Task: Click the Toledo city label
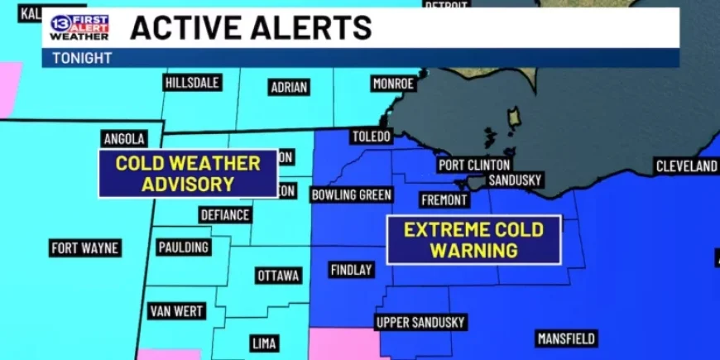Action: pos(370,137)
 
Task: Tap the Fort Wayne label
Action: pos(85,247)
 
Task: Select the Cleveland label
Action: pos(686,166)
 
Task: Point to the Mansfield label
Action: pos(567,338)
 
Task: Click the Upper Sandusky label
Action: pos(421,322)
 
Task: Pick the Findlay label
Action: pos(352,270)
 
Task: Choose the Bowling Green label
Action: pos(351,194)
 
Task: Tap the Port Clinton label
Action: pos(474,165)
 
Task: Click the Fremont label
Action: pos(444,199)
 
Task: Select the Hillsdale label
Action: pos(192,83)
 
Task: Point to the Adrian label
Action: pos(289,88)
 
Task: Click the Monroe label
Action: pos(393,84)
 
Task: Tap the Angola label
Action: pos(125,138)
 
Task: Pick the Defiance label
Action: pos(225,214)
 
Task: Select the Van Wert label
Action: pos(176,311)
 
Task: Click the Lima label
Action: pos(264,343)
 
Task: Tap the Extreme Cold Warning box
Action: pos(473,240)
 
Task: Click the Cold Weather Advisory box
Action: pos(188,173)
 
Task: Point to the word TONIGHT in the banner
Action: pos(82,58)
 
